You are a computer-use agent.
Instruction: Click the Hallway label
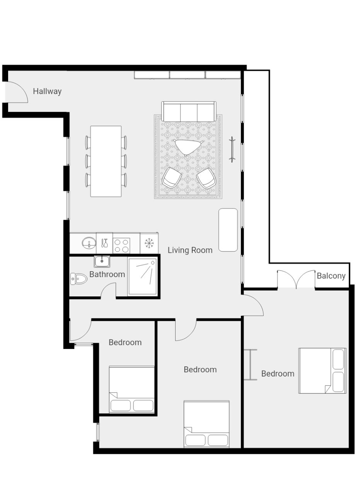[47, 91]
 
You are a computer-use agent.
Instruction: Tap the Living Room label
[190, 250]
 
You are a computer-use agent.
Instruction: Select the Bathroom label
[107, 274]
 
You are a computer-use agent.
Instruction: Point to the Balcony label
[331, 276]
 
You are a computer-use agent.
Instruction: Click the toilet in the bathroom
[78, 279]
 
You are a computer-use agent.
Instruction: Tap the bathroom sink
[102, 262]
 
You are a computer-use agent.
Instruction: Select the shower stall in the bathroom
[142, 276]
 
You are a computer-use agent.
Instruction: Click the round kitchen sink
[89, 243]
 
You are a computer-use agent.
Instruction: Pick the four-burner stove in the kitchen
[121, 246]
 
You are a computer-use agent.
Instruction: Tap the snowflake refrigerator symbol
[148, 243]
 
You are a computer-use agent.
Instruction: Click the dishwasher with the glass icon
[104, 243]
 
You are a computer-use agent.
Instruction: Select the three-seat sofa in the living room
[189, 111]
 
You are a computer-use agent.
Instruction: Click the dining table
[106, 161]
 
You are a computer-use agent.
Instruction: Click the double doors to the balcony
[296, 279]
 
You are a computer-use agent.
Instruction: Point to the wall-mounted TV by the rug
[232, 150]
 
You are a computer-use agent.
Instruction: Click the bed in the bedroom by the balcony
[322, 371]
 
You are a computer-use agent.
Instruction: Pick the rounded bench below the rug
[228, 230]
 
